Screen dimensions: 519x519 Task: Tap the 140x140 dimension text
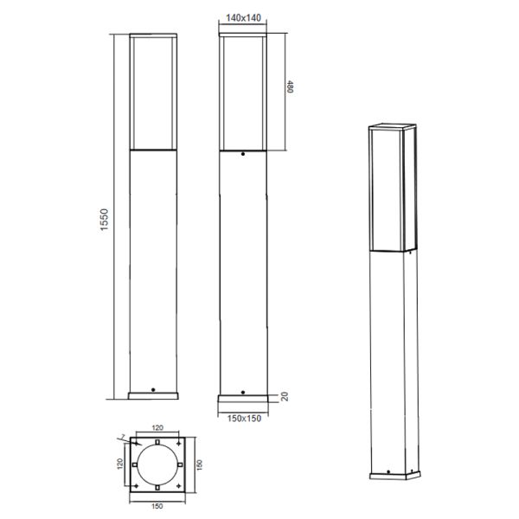click(x=242, y=17)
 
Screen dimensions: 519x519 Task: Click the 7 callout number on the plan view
click(x=124, y=435)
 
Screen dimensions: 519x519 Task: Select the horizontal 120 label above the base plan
click(x=157, y=427)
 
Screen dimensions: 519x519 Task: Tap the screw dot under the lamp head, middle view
click(x=243, y=157)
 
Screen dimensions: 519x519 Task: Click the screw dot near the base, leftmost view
click(x=153, y=390)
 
